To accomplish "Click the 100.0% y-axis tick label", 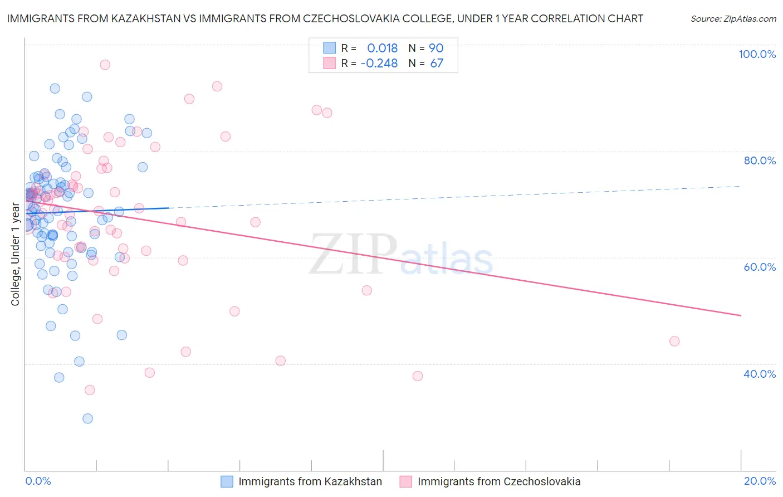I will click(x=757, y=54).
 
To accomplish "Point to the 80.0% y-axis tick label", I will click(x=760, y=160).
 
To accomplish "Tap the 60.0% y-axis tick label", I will click(x=760, y=267).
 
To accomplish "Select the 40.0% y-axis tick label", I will click(x=760, y=374).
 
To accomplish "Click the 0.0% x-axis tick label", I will click(x=38, y=481).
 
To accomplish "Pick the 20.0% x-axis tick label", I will click(x=760, y=481).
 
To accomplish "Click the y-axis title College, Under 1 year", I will click(x=16, y=255).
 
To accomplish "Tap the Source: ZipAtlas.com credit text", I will click(x=733, y=19).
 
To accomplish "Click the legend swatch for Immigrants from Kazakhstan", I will click(x=227, y=481).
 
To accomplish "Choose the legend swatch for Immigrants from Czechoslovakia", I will click(x=405, y=481).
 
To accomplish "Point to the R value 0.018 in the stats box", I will click(x=382, y=48).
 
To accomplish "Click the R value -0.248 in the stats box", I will click(x=379, y=64).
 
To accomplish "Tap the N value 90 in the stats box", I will click(x=436, y=48).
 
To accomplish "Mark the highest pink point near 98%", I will click(x=105, y=65).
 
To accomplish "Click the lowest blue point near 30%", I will click(x=87, y=418).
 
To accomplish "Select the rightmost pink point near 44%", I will click(x=674, y=341).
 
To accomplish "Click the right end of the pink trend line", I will click(x=741, y=315).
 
